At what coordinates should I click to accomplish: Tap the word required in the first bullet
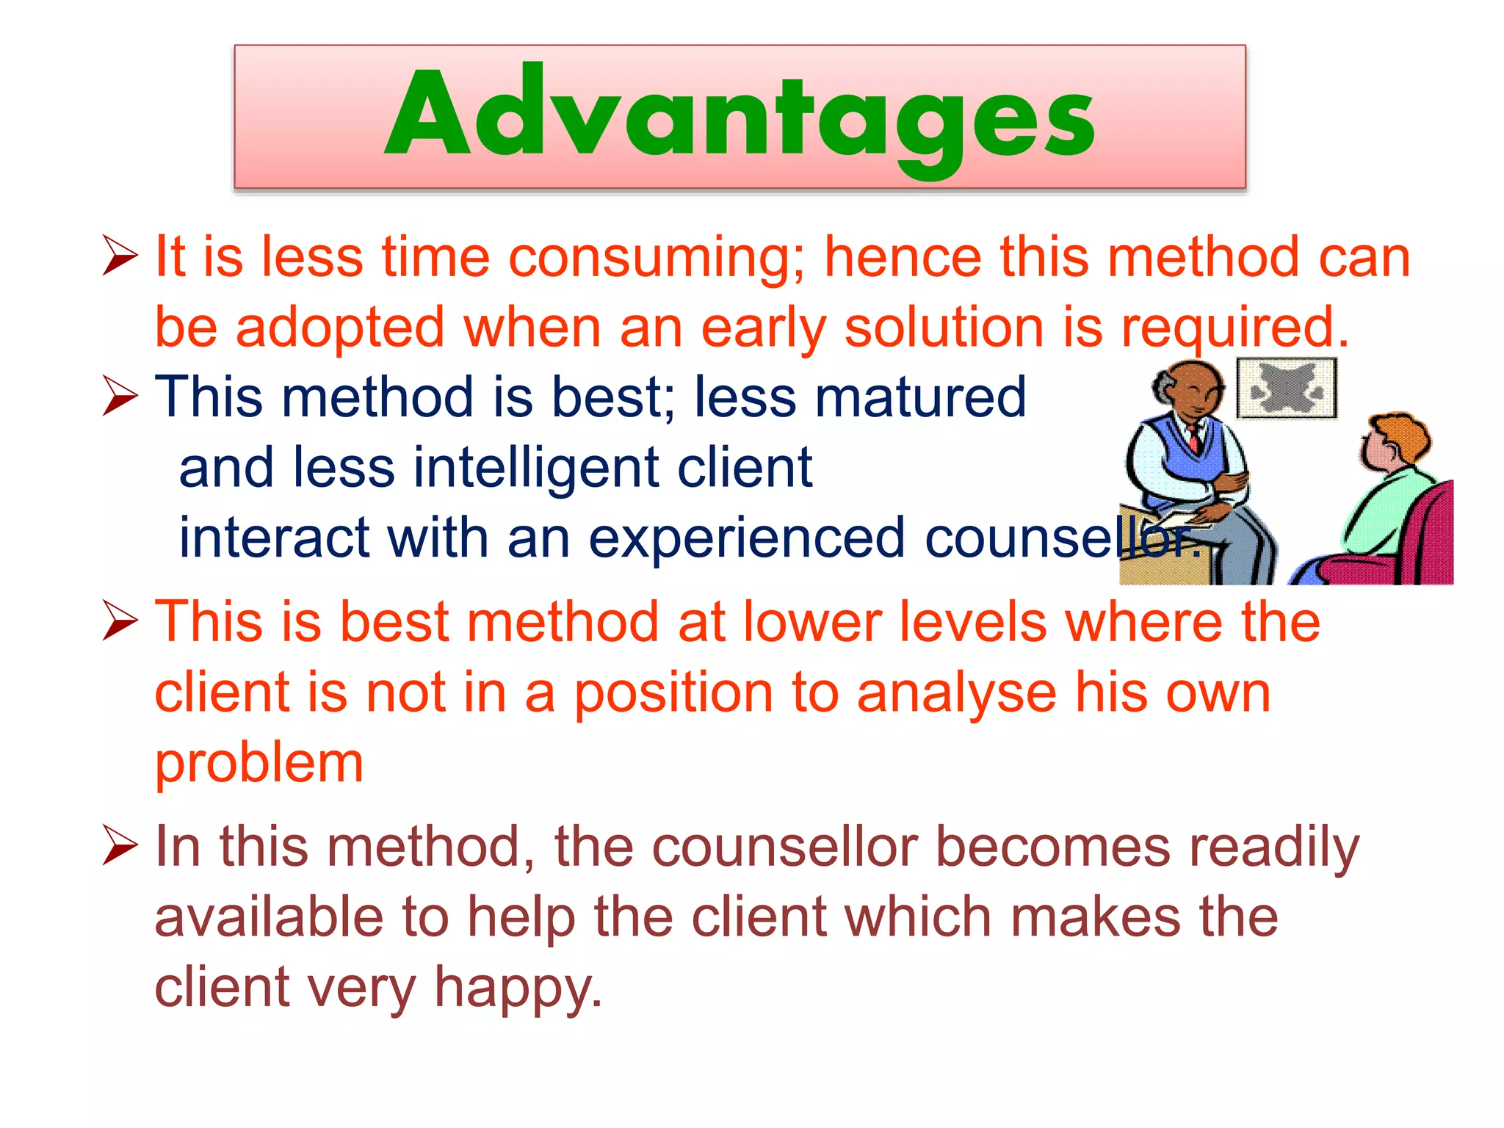click(x=1233, y=328)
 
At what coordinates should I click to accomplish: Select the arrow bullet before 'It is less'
click(x=120, y=256)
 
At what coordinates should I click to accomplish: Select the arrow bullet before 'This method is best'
click(x=120, y=396)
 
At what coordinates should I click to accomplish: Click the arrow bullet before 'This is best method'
click(x=120, y=621)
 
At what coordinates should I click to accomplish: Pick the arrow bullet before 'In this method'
click(x=120, y=845)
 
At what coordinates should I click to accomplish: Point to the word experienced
click(x=746, y=538)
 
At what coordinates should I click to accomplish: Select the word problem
click(x=258, y=764)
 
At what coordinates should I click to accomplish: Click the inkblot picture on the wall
click(x=1287, y=388)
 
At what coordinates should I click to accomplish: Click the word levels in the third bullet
click(x=969, y=622)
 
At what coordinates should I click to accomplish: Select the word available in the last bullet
click(x=269, y=917)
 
